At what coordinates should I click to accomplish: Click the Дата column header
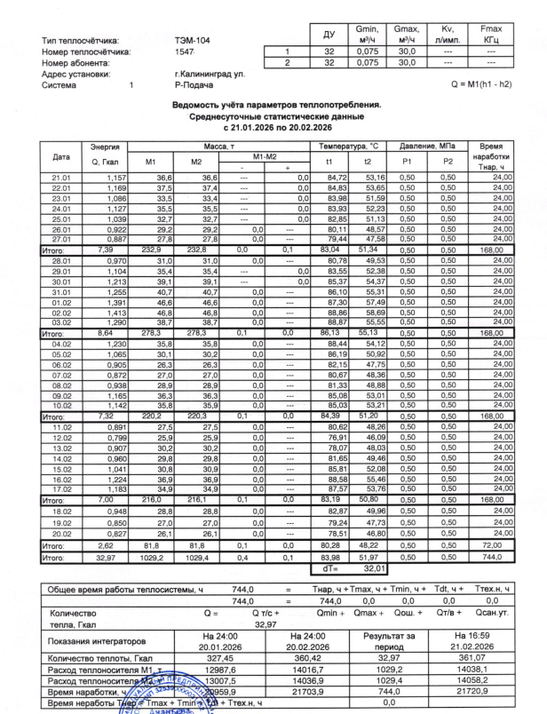[x=62, y=156]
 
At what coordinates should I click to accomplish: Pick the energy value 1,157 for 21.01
[x=116, y=178]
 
